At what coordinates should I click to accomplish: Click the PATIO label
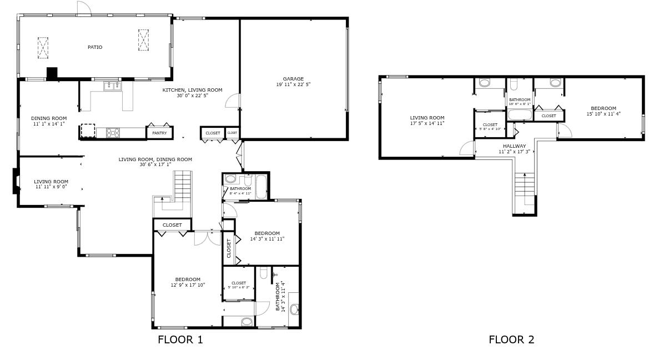(x=95, y=47)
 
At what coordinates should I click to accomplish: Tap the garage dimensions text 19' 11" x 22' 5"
(x=293, y=85)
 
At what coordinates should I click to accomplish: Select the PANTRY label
(x=159, y=133)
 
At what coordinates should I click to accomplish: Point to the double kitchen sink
(x=113, y=86)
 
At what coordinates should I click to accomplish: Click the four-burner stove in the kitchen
(x=113, y=132)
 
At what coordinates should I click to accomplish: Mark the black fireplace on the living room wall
(x=16, y=182)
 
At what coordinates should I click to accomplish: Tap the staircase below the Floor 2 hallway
(x=524, y=192)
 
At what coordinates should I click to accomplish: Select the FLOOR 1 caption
(x=180, y=339)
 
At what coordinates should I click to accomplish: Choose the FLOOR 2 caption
(x=511, y=339)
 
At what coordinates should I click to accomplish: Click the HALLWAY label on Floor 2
(x=514, y=146)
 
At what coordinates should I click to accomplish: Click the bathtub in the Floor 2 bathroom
(x=520, y=116)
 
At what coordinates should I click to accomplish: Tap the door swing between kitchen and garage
(x=233, y=101)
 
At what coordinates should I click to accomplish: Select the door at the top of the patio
(x=83, y=8)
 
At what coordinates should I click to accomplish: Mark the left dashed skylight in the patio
(x=43, y=48)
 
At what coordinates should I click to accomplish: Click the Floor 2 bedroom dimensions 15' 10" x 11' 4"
(x=603, y=114)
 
